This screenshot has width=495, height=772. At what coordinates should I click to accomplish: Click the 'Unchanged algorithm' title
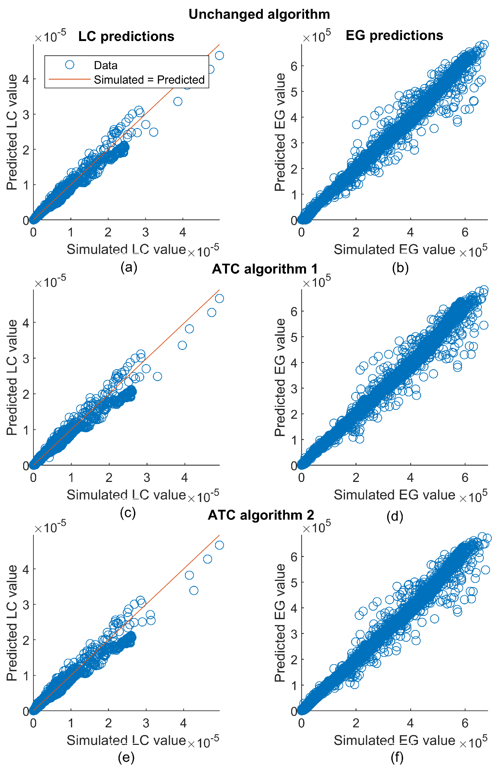pos(259,15)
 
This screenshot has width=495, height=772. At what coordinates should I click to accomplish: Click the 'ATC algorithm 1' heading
pos(264,269)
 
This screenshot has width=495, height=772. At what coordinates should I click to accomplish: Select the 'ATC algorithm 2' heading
pos(261,515)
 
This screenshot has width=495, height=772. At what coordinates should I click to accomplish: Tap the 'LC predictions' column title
pos(126,36)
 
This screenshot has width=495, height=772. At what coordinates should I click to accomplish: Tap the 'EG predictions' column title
pos(394,35)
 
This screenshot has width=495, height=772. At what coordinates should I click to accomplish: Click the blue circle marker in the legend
pos(69,65)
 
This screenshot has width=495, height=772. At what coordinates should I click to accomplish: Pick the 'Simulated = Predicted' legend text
pos(149,80)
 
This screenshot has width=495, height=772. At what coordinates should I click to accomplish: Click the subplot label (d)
pos(394,516)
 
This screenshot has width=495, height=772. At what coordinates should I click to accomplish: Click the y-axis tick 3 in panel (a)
pos(26,115)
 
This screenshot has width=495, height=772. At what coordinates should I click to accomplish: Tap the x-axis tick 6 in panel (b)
pos(465,232)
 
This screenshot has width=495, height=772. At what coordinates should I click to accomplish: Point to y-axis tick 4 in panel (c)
pos(26,322)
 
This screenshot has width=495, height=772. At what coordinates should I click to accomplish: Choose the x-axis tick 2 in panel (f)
pos(356,723)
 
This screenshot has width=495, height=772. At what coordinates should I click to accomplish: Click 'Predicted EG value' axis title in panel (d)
pos(280,377)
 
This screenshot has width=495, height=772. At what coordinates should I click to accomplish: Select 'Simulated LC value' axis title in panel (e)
pos(126,740)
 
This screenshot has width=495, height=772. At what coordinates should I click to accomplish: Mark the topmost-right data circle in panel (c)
pos(219,299)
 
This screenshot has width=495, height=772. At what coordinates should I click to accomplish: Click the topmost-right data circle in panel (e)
pos(219,545)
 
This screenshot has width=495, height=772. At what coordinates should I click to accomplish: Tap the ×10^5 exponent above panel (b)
pos(316,36)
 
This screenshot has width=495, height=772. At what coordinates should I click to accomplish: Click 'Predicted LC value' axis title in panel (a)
pos(12,132)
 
